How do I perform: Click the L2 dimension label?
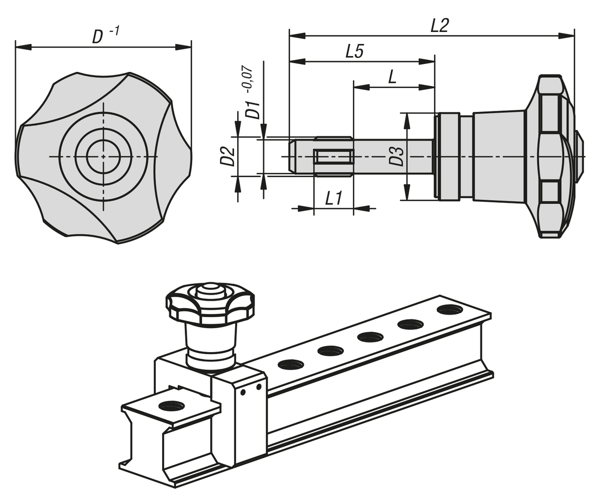[440, 26]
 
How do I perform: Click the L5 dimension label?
[355, 51]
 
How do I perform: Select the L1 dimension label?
[333, 199]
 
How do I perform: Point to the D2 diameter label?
[227, 156]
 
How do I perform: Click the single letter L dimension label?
[392, 77]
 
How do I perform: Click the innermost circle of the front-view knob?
[103, 156]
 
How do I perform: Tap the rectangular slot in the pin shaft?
[333, 157]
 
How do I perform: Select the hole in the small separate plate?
[171, 406]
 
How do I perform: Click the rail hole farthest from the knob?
[449, 310]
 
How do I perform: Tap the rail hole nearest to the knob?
[291, 365]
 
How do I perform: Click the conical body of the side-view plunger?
[499, 156]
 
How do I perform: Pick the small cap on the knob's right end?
[580, 156]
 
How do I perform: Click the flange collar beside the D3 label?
[448, 156]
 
